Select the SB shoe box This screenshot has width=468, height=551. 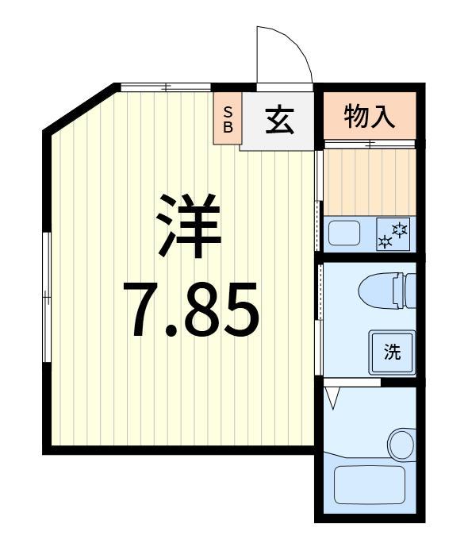(228, 119)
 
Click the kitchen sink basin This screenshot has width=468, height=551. (343, 233)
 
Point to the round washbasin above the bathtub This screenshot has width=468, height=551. (401, 442)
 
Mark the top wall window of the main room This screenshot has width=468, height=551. (165, 87)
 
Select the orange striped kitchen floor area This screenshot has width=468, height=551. (368, 181)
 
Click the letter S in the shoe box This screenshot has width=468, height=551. (228, 110)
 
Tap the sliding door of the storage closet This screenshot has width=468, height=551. (369, 144)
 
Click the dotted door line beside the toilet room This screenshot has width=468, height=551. (320, 294)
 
